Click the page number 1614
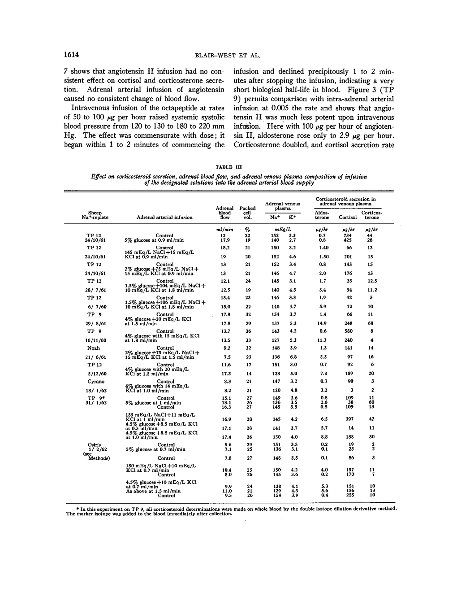71,55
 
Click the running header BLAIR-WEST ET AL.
228,56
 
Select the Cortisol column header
348,218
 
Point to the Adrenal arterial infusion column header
164,218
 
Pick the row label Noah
94,348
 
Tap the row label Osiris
94,445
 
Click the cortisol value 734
348,235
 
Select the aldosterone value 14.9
322,323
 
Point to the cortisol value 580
349,331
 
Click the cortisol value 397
349,419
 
